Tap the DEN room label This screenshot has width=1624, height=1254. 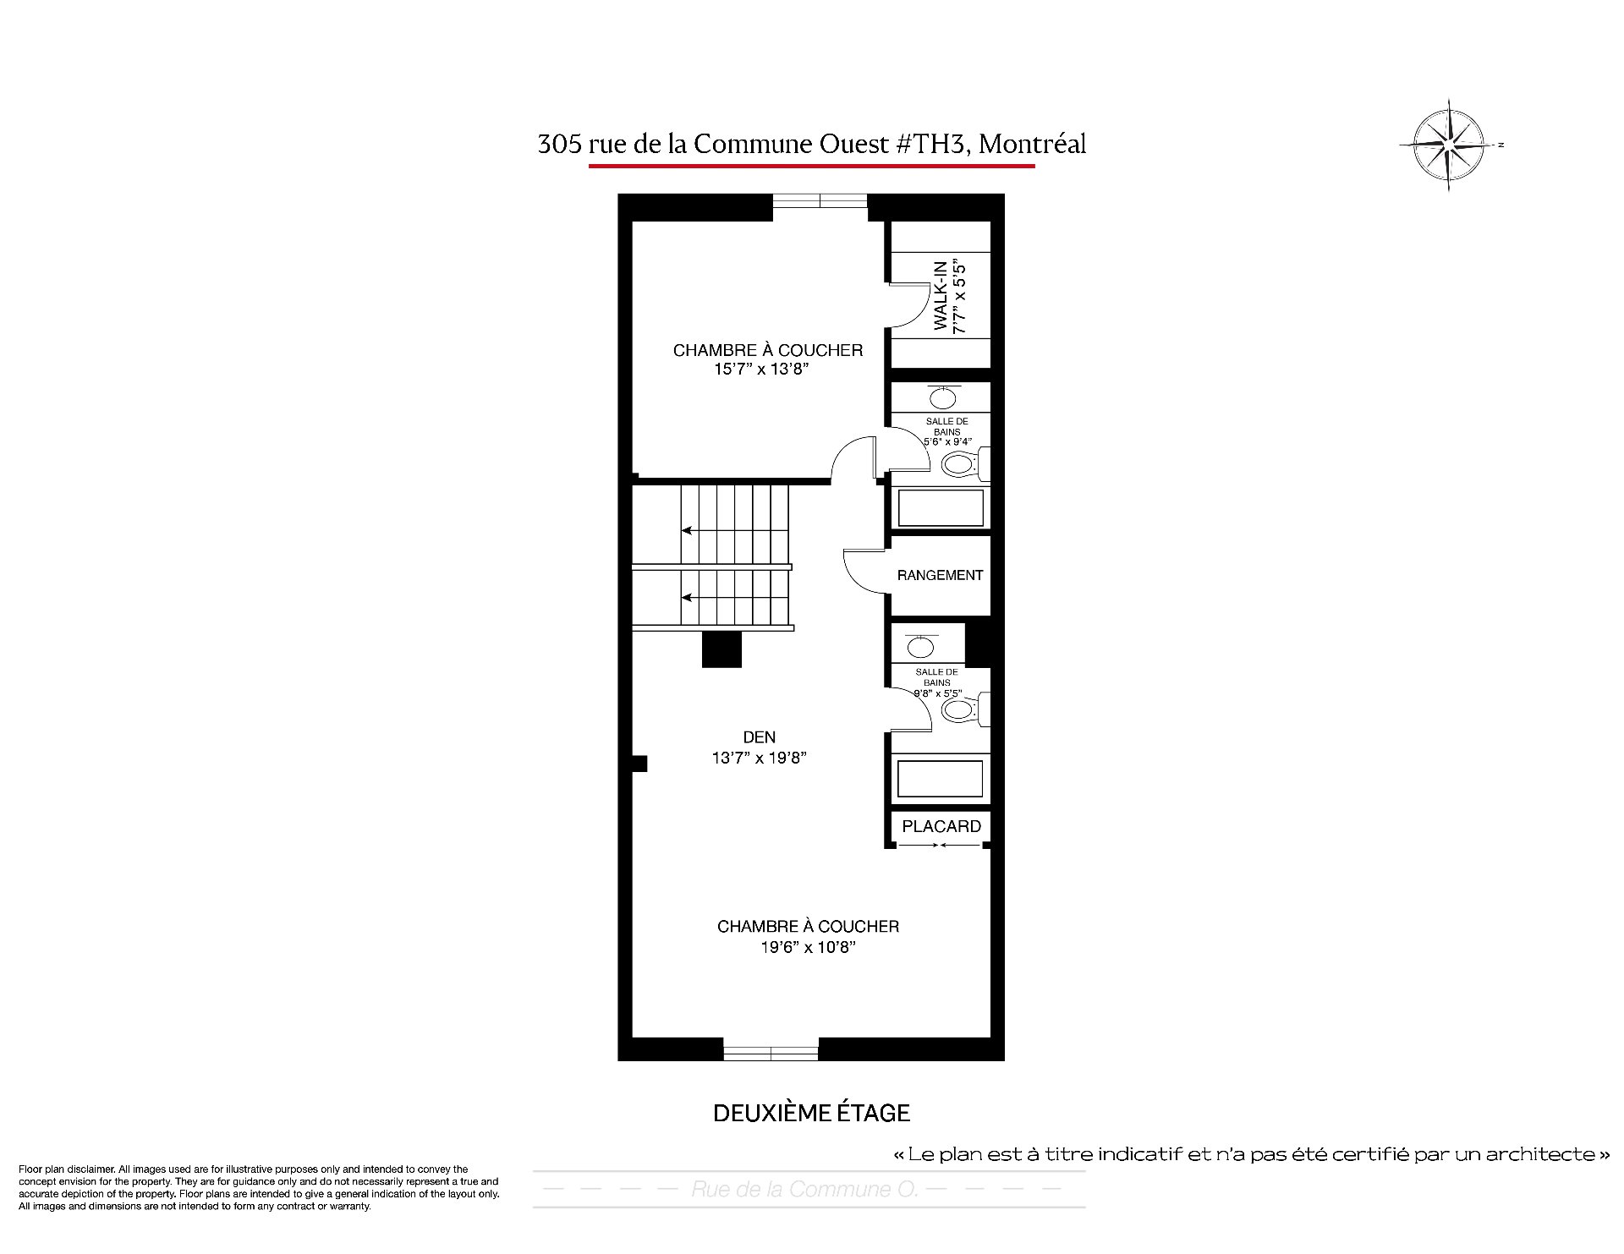click(759, 737)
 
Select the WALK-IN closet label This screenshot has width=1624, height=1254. click(940, 295)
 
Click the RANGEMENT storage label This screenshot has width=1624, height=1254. click(940, 575)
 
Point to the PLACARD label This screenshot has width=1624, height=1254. click(941, 826)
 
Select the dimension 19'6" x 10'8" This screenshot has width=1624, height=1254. click(808, 948)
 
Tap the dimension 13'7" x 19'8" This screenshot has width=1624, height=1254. click(759, 758)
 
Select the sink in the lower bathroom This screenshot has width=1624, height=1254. click(920, 647)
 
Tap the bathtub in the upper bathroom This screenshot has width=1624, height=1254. click(940, 508)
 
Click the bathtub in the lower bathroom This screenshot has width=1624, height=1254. click(940, 778)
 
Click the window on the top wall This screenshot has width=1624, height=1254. click(820, 200)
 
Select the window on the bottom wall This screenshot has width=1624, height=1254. click(771, 1054)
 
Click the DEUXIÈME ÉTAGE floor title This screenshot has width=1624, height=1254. click(811, 1114)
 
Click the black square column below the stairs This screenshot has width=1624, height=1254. click(721, 649)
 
